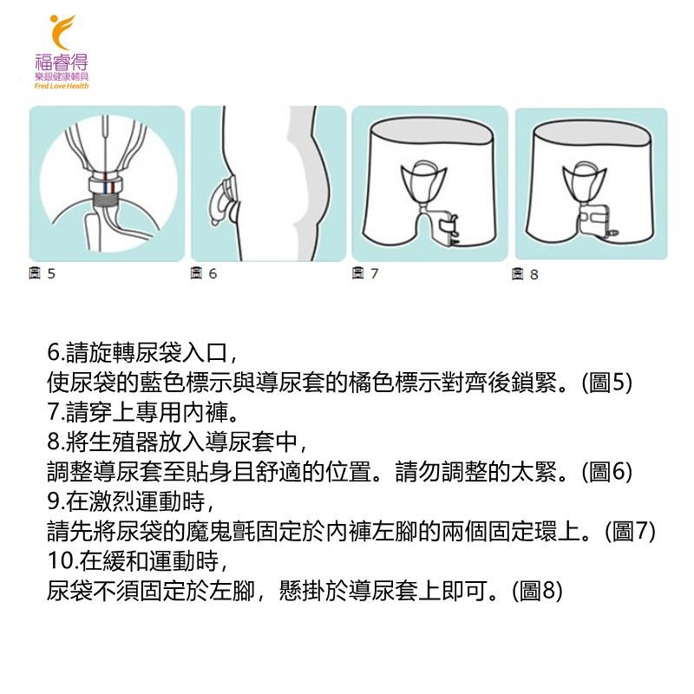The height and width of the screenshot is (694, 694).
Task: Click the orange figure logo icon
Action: [61, 32]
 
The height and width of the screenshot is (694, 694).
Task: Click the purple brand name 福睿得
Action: [62, 62]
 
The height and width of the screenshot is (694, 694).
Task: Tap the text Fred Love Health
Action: [62, 86]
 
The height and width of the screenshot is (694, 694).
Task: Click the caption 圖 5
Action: [42, 273]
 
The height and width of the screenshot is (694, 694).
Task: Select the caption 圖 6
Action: [204, 273]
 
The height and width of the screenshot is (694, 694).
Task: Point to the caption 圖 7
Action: [365, 273]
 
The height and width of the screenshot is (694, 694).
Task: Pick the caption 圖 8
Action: [525, 274]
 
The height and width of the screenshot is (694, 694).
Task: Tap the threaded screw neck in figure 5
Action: [106, 200]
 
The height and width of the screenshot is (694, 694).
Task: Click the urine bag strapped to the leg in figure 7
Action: [448, 229]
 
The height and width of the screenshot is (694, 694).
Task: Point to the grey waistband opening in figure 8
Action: [592, 133]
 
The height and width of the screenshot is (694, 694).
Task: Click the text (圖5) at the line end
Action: [606, 383]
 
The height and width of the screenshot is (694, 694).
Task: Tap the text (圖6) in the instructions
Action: [606, 471]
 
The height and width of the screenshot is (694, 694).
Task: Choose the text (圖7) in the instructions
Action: [631, 531]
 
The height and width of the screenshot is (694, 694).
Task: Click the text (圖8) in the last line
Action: [537, 591]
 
